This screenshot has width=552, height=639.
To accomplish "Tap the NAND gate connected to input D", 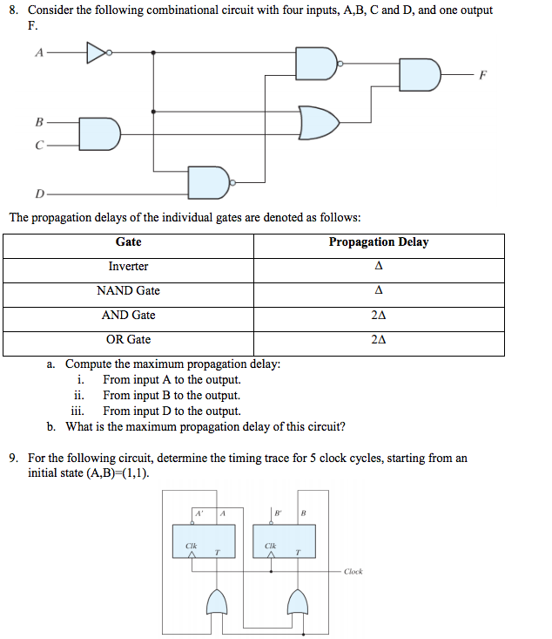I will coord(208,181).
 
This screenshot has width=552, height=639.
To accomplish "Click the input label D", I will coord(38,193).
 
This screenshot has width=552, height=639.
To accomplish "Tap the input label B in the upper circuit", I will coord(38,122).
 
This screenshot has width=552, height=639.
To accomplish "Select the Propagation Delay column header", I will coord(378,242).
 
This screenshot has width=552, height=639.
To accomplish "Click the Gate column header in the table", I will coord(128,242).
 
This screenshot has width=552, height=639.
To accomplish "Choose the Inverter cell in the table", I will coord(128,267).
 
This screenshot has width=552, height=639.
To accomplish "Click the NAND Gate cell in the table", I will coord(128,291).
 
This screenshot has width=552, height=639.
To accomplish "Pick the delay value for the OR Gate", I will coord(378,340).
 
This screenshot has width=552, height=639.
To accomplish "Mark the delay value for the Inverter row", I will coord(378,267).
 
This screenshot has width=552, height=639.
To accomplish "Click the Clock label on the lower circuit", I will coord(353,571).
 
